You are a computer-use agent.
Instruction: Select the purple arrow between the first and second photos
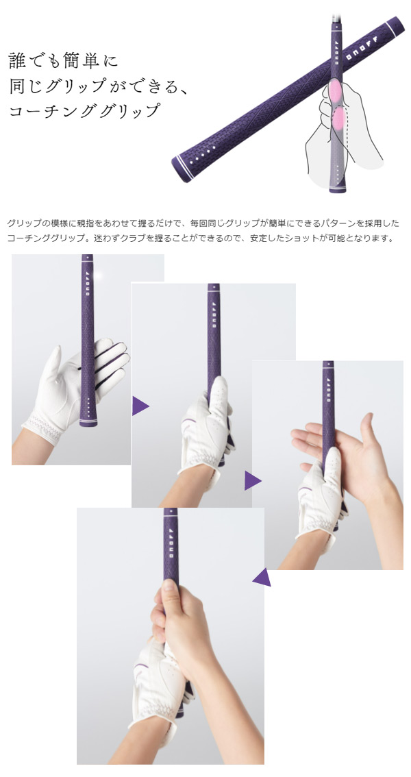point(140,406)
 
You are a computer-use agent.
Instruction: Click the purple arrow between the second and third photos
point(253,480)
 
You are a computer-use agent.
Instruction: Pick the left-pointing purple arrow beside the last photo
point(262,578)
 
